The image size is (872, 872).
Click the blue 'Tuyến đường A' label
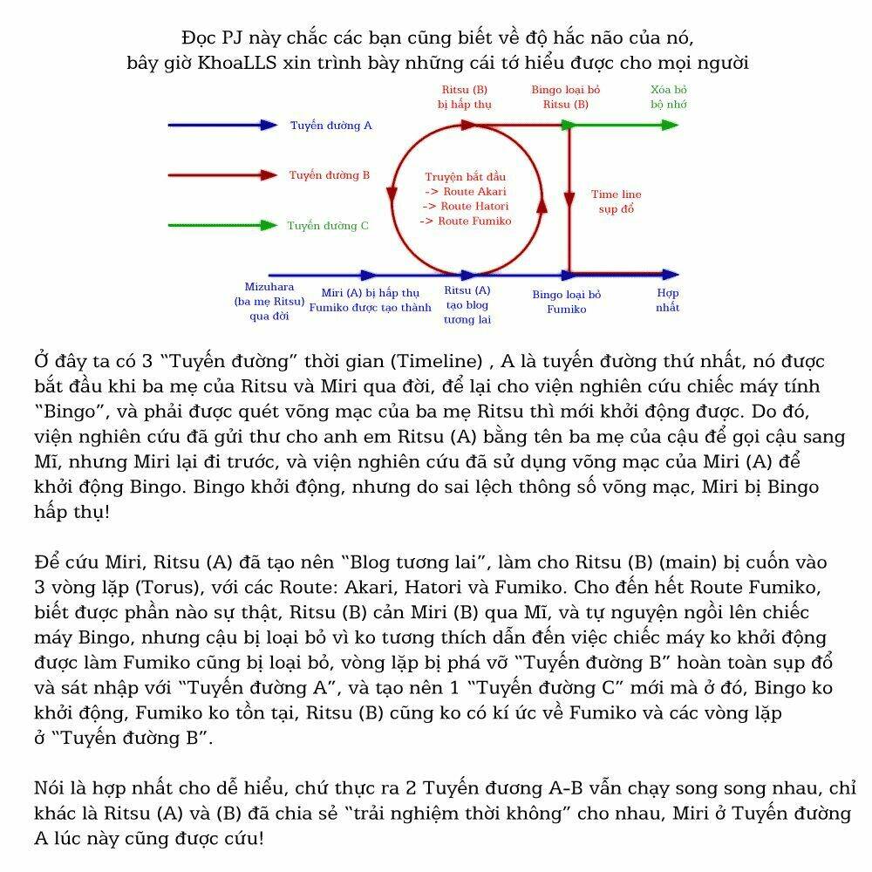(331, 126)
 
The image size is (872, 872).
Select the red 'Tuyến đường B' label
(330, 175)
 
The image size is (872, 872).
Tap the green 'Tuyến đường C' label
(328, 226)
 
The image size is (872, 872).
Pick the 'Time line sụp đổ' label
(616, 201)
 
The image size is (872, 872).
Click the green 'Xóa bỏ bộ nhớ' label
(669, 97)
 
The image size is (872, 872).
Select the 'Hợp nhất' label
(668, 300)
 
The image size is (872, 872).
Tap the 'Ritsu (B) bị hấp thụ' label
(465, 97)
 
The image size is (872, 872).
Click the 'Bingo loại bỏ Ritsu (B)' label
(566, 97)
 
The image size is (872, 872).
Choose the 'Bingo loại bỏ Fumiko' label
(567, 302)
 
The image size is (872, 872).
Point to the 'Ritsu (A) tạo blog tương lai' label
(467, 304)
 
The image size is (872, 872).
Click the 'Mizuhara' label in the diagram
(269, 287)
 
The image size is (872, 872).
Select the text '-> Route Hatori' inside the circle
(466, 206)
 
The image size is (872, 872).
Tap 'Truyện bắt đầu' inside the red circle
(466, 176)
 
